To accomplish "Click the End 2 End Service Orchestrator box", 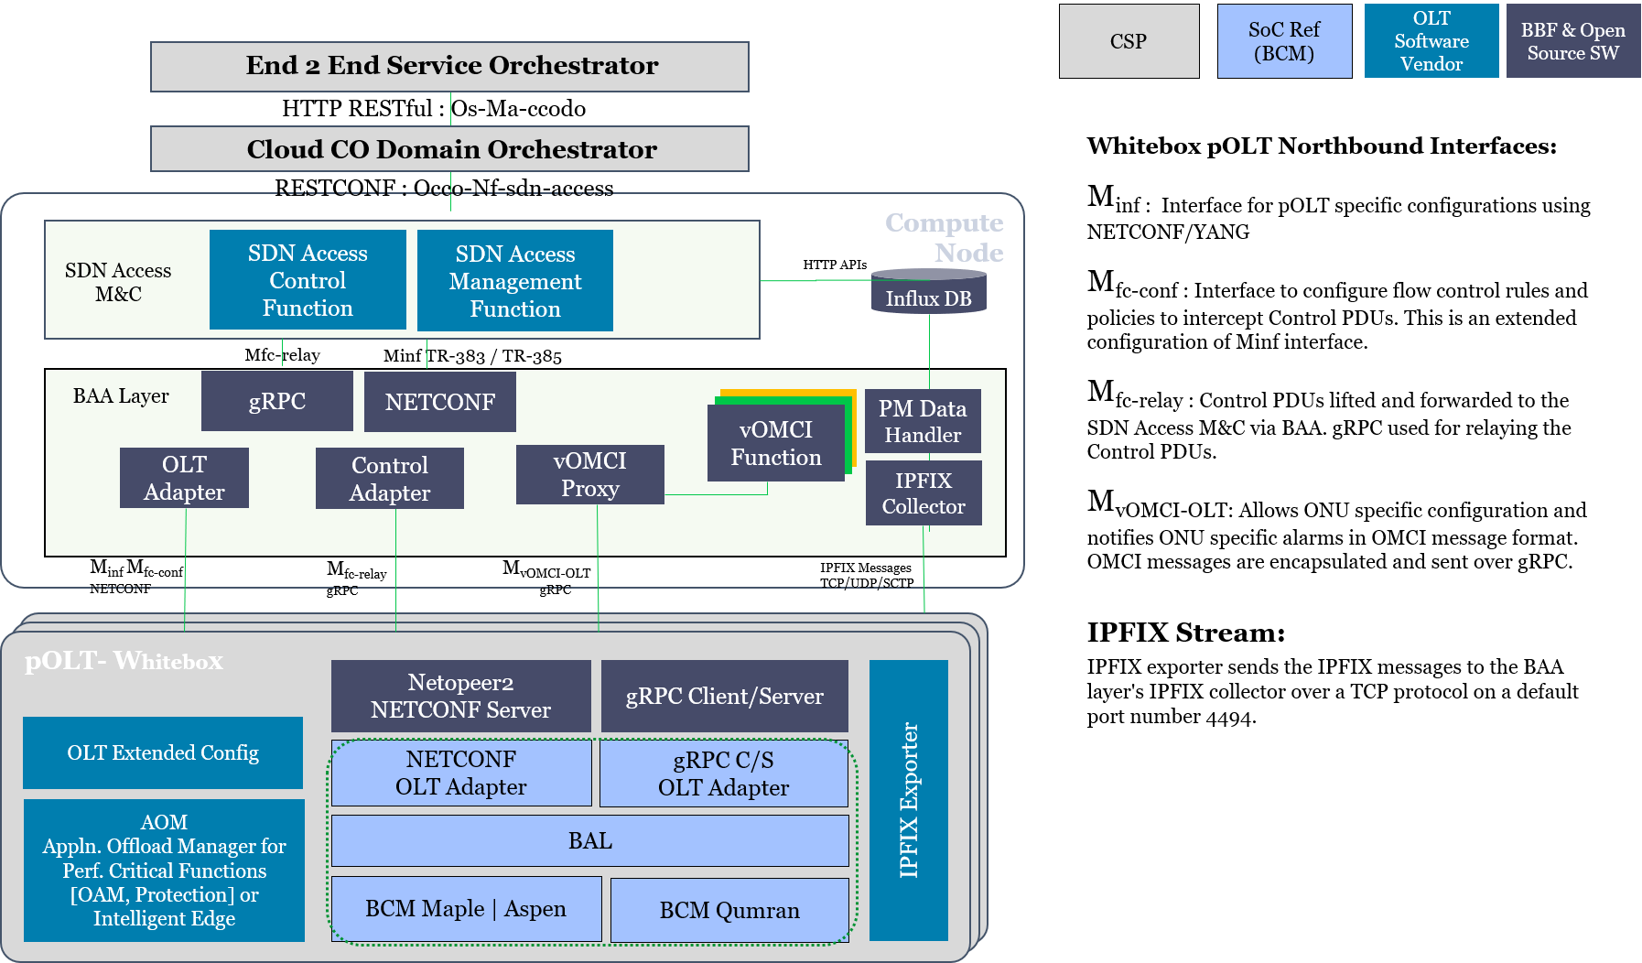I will pos(449,66).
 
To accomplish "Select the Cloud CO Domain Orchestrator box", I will pos(449,149).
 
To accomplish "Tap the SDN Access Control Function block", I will pos(308,280).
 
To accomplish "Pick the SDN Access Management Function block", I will pos(514,281).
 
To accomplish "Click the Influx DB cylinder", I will pos(928,293).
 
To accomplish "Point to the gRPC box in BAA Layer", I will pos(276,401).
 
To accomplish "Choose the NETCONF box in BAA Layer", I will pos(439,402).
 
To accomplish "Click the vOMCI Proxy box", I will pos(589,474).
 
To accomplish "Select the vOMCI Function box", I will pos(775,444).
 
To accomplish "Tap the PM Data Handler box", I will pos(923,421).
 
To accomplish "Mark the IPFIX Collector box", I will pos(924,493).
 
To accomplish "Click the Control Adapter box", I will pos(389,479).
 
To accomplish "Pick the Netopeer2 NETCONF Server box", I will pos(460,696).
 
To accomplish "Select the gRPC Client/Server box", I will pos(724,696).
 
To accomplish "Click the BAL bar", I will pos(589,840).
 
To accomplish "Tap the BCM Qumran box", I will pos(729,910).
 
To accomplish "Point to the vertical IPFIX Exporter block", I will pos(908,800).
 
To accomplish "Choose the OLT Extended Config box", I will pos(163,752).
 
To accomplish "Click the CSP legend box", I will pos(1129,41).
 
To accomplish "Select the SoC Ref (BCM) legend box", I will pos(1284,41).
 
